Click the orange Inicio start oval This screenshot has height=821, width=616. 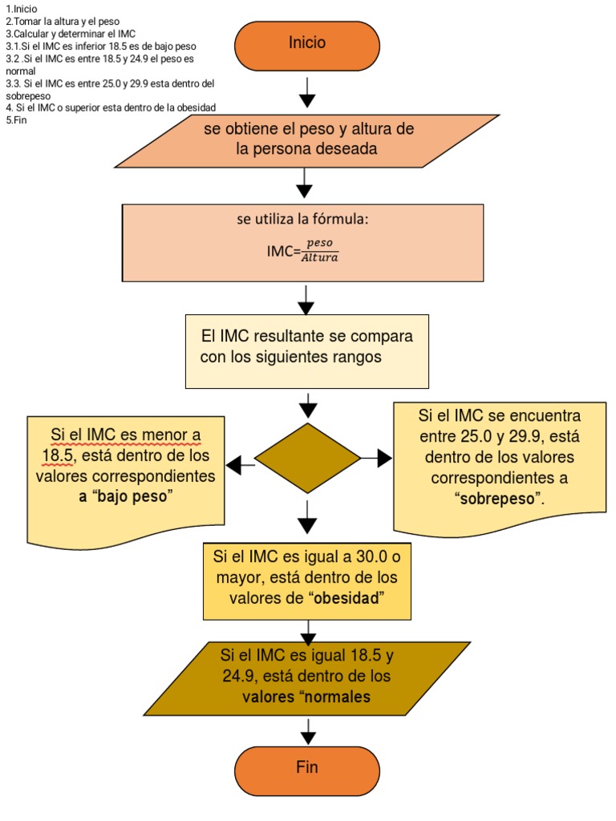(307, 44)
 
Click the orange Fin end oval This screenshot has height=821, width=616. (307, 767)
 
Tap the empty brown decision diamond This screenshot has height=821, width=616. (307, 458)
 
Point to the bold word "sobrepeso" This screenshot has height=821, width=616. (497, 499)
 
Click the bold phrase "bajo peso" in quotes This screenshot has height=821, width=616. (135, 497)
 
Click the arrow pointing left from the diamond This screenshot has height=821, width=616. (240, 464)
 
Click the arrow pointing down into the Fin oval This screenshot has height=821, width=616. (307, 730)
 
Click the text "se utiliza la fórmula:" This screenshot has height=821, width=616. (302, 220)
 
